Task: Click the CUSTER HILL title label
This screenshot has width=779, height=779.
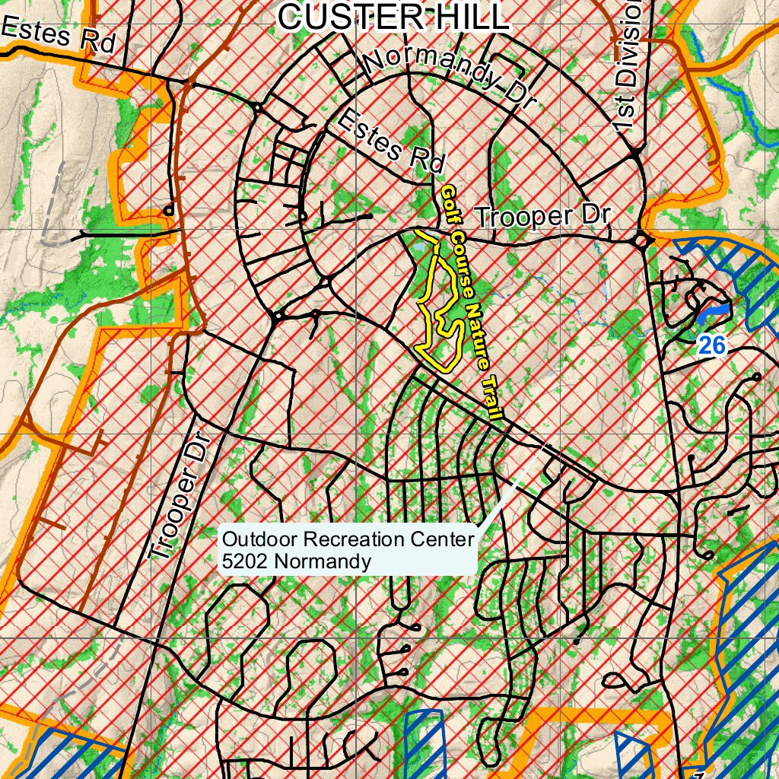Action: point(393,17)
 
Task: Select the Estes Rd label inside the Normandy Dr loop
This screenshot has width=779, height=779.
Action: point(389,140)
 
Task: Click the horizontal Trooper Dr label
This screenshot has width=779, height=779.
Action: point(542,216)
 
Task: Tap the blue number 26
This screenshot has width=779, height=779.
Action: point(712,345)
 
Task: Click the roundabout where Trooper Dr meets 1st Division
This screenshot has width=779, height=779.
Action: point(643,242)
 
